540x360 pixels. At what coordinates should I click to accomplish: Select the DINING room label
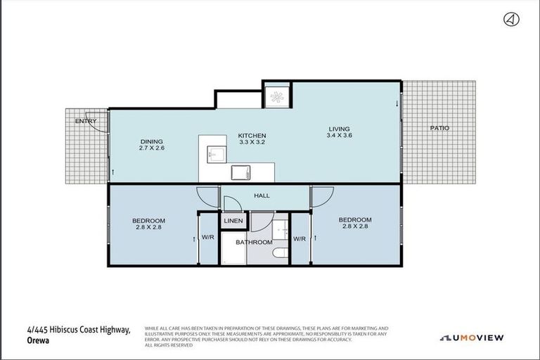point(151,141)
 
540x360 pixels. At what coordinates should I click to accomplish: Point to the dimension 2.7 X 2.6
point(151,148)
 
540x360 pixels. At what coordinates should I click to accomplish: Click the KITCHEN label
point(252,135)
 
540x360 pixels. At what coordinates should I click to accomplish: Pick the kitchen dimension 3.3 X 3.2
point(252,142)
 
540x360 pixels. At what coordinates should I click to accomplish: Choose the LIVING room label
point(339,128)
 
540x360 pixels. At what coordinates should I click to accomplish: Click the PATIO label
point(439,128)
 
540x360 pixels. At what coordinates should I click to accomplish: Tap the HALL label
point(262,196)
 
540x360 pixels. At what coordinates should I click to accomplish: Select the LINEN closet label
point(233,221)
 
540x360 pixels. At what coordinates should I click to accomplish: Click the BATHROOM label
point(254,242)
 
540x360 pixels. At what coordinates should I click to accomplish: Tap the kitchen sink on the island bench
point(215,152)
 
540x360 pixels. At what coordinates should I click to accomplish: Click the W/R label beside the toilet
point(300,238)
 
